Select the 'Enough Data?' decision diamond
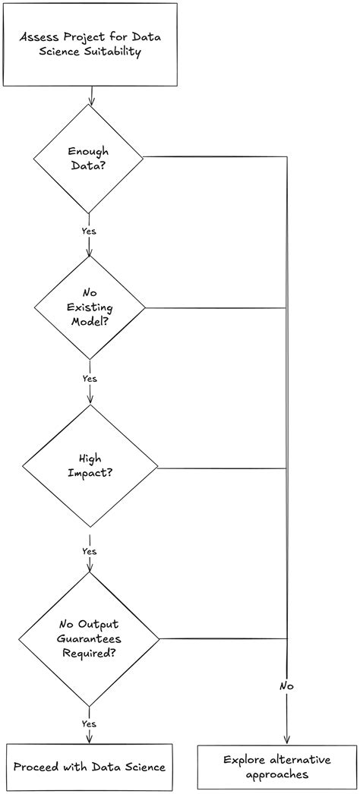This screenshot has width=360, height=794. click(x=88, y=158)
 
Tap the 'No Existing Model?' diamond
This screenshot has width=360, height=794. click(x=89, y=307)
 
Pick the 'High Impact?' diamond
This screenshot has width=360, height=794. click(x=90, y=465)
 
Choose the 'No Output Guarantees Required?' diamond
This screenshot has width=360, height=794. click(x=89, y=638)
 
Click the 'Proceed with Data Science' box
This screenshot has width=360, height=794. click(x=90, y=767)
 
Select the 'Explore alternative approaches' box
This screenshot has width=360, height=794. click(x=277, y=767)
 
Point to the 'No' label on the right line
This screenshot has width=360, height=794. click(x=286, y=685)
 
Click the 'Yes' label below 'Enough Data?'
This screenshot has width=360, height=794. click(x=89, y=230)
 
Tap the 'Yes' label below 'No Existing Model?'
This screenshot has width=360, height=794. click(x=89, y=377)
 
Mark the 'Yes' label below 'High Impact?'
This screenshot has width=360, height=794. click(x=89, y=550)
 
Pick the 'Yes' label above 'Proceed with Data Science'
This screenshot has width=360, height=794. click(x=89, y=723)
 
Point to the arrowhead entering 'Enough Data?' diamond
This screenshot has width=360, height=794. click(x=92, y=100)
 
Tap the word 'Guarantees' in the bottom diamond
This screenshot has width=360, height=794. click(x=89, y=638)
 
